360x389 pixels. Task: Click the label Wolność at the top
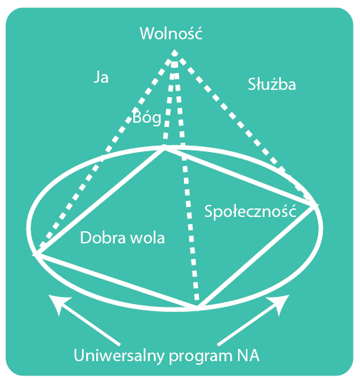click(171, 33)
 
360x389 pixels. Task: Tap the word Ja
click(101, 77)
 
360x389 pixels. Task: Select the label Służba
click(272, 84)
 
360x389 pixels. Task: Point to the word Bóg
click(147, 117)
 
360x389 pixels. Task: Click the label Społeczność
click(250, 211)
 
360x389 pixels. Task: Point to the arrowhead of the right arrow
click(279, 303)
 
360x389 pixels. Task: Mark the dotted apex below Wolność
click(175, 53)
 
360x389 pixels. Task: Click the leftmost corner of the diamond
click(36, 255)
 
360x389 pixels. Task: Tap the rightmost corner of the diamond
click(314, 206)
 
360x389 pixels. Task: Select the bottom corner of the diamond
click(197, 308)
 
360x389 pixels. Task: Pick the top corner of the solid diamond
click(164, 148)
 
